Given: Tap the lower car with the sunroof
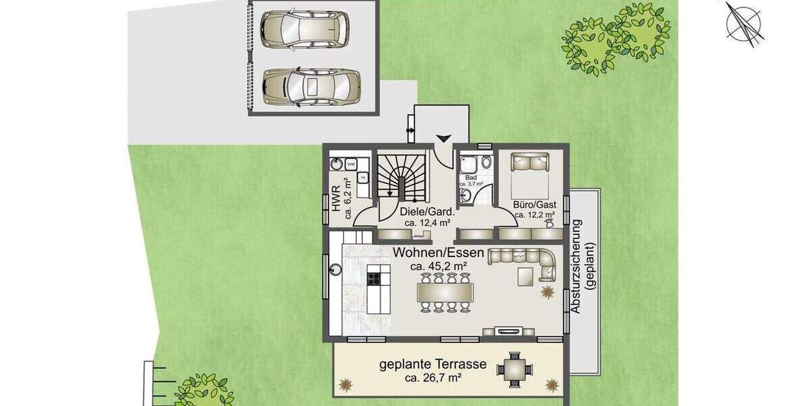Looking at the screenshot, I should (311, 86).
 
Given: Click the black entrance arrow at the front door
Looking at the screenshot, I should (443, 139).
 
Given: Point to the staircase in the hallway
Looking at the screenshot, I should (401, 177).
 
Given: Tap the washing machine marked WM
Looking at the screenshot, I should (351, 164).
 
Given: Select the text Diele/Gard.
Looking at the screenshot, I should (428, 210).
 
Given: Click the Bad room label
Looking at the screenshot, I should (471, 178).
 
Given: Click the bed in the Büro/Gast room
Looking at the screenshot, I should (530, 174).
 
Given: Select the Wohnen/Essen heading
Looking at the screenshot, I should (439, 254).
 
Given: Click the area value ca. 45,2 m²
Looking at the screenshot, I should (439, 266).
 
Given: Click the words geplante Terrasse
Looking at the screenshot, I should (433, 364).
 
